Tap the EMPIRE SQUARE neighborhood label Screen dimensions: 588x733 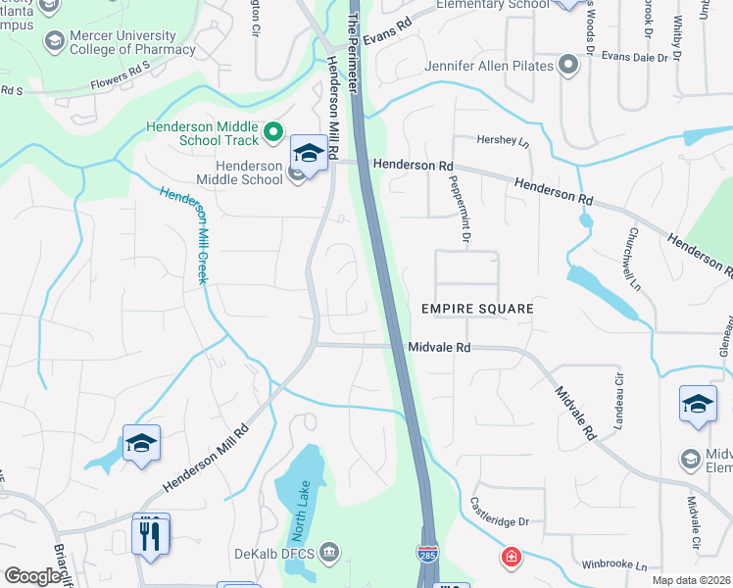tap(477, 309)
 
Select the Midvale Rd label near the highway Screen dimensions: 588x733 tap(440, 348)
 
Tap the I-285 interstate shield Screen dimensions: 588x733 tap(426, 556)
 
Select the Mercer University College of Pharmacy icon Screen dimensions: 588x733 tap(53, 41)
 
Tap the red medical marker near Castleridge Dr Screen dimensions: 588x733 tap(510, 558)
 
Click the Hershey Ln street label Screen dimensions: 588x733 tap(502, 140)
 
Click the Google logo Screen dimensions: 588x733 tap(32, 576)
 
